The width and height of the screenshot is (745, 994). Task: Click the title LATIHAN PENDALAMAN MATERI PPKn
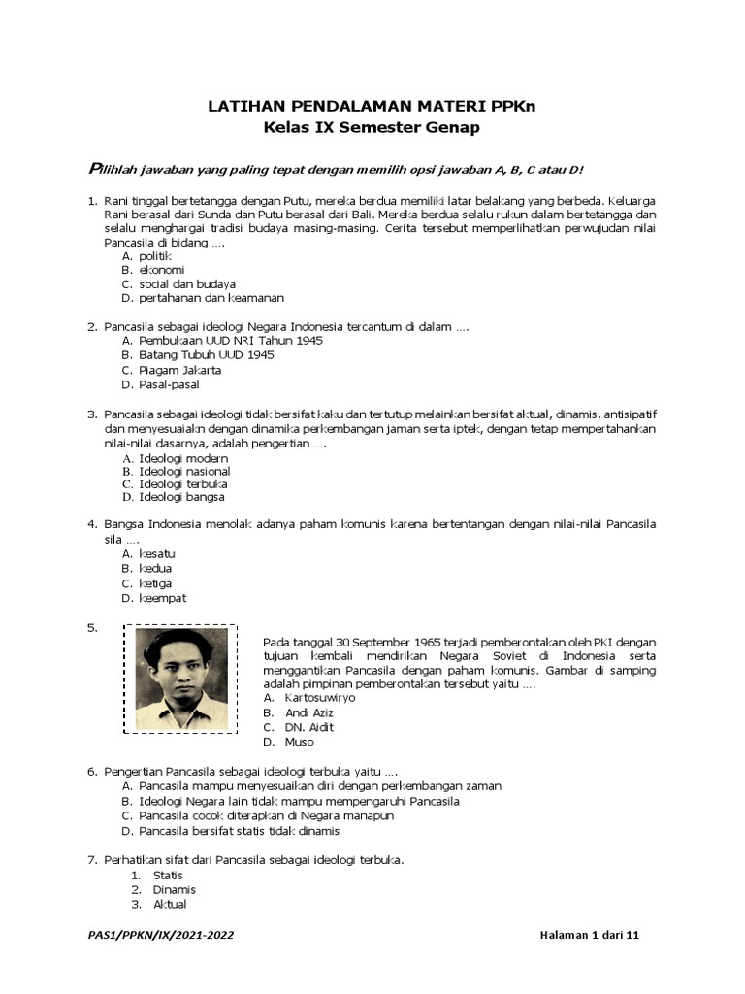coord(372,106)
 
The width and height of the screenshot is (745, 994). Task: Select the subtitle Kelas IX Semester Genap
coord(372,127)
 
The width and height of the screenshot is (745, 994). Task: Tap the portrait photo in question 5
coord(181,679)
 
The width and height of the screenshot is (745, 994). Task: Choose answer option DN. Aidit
coord(309,727)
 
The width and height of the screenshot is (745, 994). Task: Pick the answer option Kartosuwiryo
coord(319,697)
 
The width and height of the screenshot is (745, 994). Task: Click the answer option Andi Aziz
coord(308,712)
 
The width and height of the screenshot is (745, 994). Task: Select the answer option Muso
coord(299,742)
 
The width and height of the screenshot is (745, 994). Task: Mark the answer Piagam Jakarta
coord(180,370)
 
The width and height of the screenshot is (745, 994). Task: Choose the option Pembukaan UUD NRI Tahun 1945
coord(231,341)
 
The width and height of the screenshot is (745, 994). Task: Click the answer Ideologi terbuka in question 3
coord(183,483)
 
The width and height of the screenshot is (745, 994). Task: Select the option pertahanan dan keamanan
coord(211,298)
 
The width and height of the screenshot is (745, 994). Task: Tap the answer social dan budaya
coord(187,283)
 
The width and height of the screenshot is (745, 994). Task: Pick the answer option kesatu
coord(157,553)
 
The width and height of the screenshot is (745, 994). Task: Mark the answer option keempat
coord(162,598)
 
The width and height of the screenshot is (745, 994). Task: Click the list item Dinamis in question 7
coord(174,889)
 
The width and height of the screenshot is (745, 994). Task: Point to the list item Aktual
coord(170,904)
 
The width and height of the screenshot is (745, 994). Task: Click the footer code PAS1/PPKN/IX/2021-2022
coord(161,936)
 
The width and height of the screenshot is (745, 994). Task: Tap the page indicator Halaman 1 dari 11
coord(590,936)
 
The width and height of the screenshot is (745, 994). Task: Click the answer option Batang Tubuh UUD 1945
coord(207,355)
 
